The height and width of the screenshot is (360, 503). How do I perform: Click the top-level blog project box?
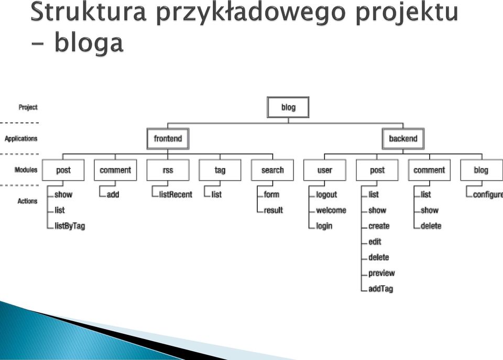point(288,107)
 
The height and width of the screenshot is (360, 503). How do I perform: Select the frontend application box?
point(168,139)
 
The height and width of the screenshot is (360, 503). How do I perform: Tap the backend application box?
point(403,139)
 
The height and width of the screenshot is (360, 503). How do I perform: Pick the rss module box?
point(168,170)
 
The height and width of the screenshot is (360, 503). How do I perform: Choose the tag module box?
point(220,170)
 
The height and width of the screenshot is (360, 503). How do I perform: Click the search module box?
point(272,170)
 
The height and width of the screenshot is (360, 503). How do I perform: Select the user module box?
point(325,170)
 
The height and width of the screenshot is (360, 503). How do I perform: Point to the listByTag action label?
point(70,226)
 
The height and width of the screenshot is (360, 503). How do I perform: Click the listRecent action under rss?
point(176,194)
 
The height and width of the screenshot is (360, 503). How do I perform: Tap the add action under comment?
point(113,194)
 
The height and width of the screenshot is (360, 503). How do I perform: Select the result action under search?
point(274,210)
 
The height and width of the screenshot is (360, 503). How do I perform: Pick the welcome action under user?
point(331,210)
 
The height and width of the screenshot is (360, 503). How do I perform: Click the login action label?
point(324,226)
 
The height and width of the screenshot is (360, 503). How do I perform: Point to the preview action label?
point(381,274)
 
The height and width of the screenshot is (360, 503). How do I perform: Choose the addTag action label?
point(380,289)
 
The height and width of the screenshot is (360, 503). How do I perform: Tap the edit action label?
point(375,242)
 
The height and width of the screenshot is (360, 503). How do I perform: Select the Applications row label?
point(21,139)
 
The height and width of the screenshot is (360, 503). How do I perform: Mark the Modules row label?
point(26,170)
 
